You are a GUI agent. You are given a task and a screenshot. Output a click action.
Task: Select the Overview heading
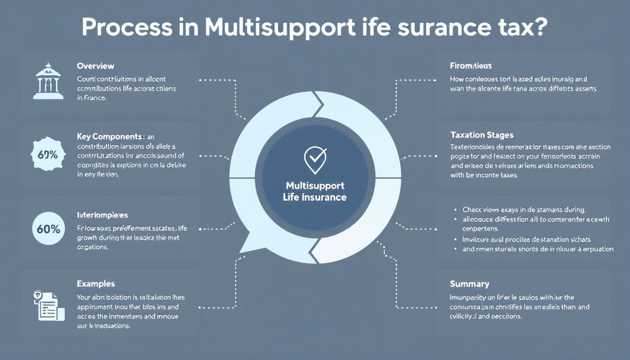tap(95, 66)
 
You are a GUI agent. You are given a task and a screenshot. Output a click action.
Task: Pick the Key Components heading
tap(109, 136)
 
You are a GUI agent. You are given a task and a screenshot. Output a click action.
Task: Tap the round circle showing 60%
tap(48, 229)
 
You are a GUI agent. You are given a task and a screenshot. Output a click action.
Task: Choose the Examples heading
tap(96, 284)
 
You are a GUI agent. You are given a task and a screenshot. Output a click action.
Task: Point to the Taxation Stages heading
tap(481, 135)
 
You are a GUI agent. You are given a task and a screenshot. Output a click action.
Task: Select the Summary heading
tap(469, 284)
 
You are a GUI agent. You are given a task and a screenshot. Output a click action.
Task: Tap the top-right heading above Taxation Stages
tap(471, 66)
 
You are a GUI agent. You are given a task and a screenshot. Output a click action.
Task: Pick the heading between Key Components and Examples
tap(102, 215)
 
